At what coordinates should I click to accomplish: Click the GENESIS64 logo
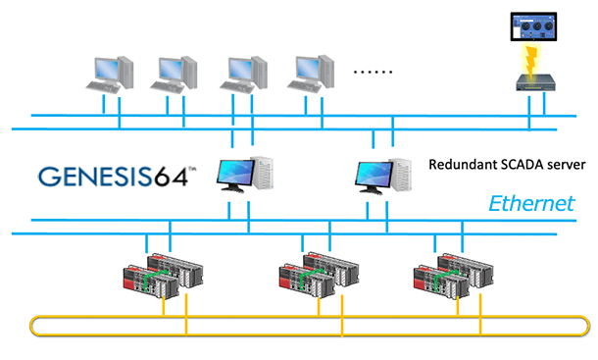[x=117, y=176]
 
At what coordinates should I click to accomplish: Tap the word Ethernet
[x=531, y=203]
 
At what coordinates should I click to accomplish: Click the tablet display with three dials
[x=533, y=26]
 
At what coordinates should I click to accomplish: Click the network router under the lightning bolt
[x=536, y=82]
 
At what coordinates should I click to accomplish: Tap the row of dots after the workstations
[x=373, y=72]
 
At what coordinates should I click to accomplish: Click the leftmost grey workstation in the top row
[x=110, y=75]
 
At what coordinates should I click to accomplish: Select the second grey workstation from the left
[x=174, y=75]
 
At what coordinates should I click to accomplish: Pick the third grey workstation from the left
[x=243, y=75]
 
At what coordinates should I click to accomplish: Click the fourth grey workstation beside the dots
[x=311, y=74]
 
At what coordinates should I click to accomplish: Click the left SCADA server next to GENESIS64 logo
[x=245, y=174]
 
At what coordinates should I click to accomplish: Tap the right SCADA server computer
[x=383, y=176]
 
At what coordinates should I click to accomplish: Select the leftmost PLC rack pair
[x=163, y=276]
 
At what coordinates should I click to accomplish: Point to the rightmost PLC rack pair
[x=454, y=277]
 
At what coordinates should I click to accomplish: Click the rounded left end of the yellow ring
[x=31, y=326]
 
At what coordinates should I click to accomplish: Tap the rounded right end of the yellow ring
[x=588, y=326]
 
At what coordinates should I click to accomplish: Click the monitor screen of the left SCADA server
[x=235, y=172]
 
